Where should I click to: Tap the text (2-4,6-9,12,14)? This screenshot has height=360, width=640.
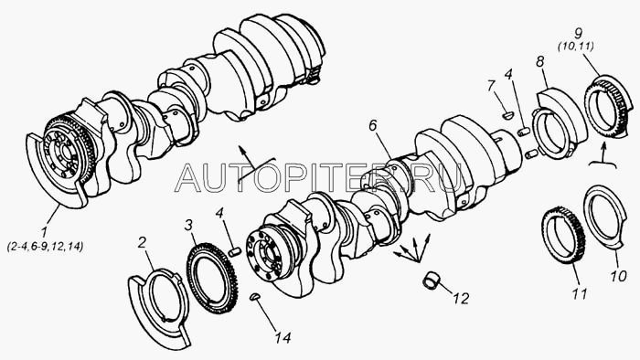coord(46,247)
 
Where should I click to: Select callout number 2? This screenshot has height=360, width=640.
coord(142,242)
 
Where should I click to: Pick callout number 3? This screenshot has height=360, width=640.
coord(188,225)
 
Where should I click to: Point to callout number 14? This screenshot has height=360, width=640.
coord(283,337)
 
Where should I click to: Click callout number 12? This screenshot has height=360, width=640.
coord(461,299)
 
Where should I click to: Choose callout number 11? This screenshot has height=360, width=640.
coord(580,293)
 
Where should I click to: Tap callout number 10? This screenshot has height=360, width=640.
coord(618,276)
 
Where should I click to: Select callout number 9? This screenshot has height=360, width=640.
coord(578,34)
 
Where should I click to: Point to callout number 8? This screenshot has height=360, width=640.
coord(540,61)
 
